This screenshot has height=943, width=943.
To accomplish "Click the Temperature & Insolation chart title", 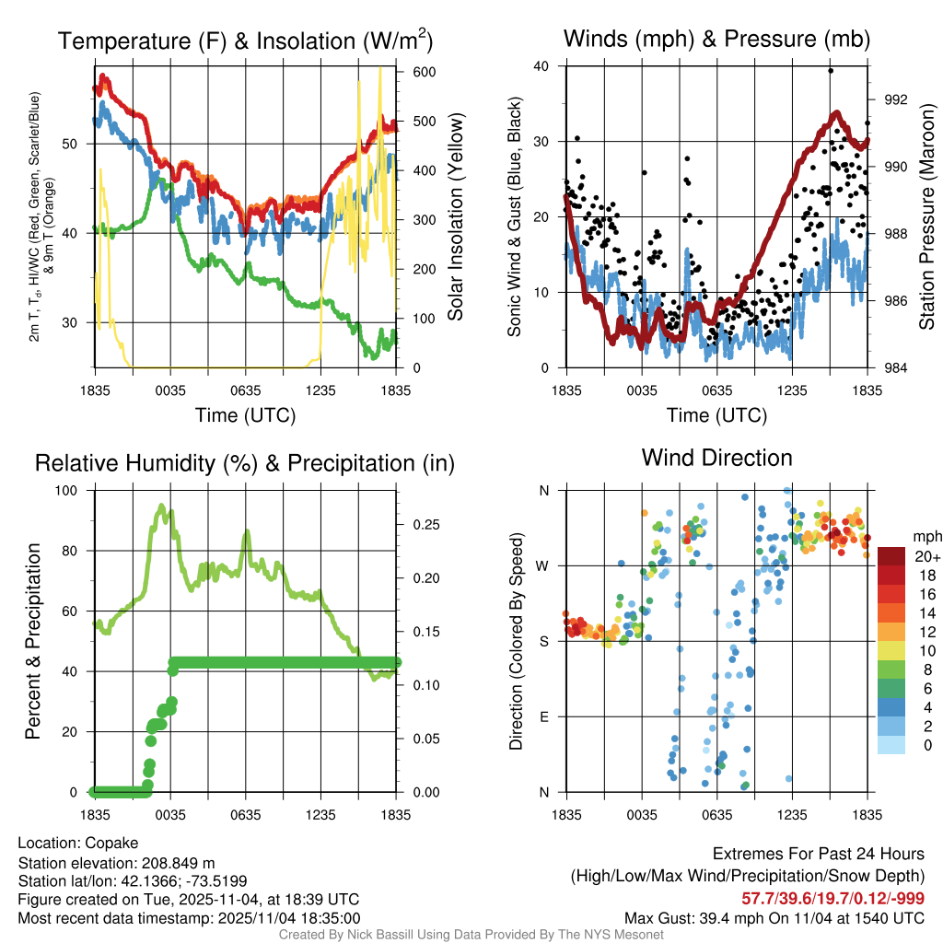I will (x=245, y=41).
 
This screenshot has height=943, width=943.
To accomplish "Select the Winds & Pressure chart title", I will (x=716, y=39).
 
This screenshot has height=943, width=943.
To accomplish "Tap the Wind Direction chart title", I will (x=716, y=458).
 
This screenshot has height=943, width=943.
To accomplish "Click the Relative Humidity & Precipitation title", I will (x=245, y=463).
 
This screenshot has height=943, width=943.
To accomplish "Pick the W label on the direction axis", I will (x=544, y=565).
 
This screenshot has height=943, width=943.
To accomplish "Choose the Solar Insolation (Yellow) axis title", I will (x=456, y=216).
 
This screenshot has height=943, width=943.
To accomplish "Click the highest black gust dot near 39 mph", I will (x=831, y=71).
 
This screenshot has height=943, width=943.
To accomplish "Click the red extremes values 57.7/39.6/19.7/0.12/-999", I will (x=832, y=898).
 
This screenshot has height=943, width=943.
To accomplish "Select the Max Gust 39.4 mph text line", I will (x=774, y=917).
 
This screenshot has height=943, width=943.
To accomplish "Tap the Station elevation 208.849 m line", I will (x=116, y=862).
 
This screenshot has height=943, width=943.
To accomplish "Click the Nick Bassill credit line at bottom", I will (x=471, y=935).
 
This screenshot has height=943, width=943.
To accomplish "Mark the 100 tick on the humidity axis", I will (x=79, y=490).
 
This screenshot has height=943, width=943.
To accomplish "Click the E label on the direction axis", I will (x=545, y=716).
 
